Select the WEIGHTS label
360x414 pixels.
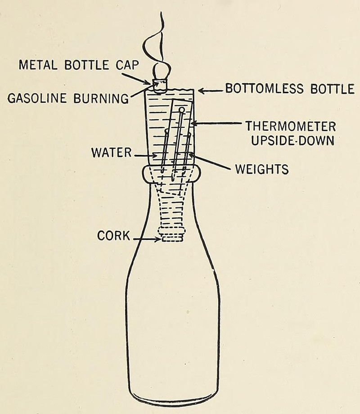[261, 170]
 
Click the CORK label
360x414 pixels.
[113, 235]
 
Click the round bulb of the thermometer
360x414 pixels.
[182, 110]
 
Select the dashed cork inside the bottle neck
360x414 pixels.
[172, 235]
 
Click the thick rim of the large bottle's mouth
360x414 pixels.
[171, 174]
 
